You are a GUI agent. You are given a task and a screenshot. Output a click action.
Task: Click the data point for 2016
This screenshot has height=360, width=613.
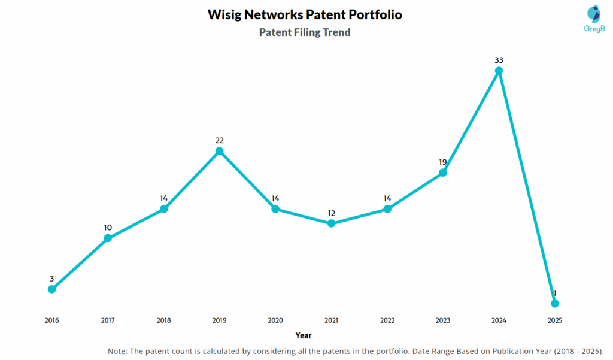(x=52, y=289)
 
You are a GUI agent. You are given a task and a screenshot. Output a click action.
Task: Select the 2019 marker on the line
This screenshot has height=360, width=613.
(x=220, y=151)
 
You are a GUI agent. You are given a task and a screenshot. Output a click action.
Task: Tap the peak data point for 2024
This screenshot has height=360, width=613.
(x=499, y=71)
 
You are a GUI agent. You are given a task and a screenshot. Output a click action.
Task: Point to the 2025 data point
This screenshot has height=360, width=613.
(x=555, y=303)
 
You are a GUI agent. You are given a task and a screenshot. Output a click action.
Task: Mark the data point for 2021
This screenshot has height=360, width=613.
(x=331, y=223)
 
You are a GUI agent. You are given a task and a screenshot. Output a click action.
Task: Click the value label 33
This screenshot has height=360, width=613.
(x=499, y=60)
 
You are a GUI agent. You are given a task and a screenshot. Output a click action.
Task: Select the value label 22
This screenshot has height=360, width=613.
(x=220, y=140)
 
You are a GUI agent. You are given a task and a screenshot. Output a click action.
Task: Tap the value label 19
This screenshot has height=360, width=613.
(x=443, y=162)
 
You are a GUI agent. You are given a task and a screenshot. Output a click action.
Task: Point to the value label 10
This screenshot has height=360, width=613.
(x=108, y=228)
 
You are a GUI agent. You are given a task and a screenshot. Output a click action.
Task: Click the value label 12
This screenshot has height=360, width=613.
(x=331, y=213)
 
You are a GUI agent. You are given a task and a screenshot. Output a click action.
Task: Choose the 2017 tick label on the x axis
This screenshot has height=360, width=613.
(x=108, y=320)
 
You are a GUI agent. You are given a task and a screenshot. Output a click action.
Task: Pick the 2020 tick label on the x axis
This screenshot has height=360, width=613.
(x=275, y=320)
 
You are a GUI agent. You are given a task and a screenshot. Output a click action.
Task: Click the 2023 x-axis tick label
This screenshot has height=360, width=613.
(x=443, y=320)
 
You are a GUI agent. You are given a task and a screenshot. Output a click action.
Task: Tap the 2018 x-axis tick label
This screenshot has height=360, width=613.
(x=163, y=320)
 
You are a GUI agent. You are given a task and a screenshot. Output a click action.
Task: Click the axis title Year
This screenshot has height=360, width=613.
(x=304, y=335)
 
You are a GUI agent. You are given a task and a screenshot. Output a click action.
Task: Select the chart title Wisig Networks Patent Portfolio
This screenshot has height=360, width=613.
(x=305, y=14)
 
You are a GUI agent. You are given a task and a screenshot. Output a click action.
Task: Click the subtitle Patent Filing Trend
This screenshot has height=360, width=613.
(x=305, y=32)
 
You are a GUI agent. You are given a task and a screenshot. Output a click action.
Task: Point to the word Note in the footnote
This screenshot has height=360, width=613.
(x=117, y=350)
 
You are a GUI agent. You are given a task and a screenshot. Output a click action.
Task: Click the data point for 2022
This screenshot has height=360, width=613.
(x=387, y=209)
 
